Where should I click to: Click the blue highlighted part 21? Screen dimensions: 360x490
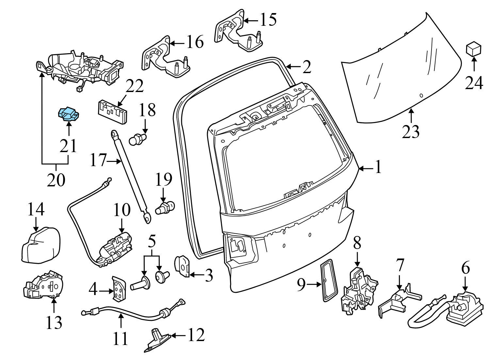point(68,114)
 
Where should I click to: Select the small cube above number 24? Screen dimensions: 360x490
point(473,50)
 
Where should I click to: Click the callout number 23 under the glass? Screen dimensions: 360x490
point(411,132)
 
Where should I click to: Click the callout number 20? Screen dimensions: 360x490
point(56,180)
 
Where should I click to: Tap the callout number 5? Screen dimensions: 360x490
point(152,242)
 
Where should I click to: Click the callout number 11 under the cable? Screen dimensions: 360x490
point(121,338)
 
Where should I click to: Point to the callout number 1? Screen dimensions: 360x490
point(378,168)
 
